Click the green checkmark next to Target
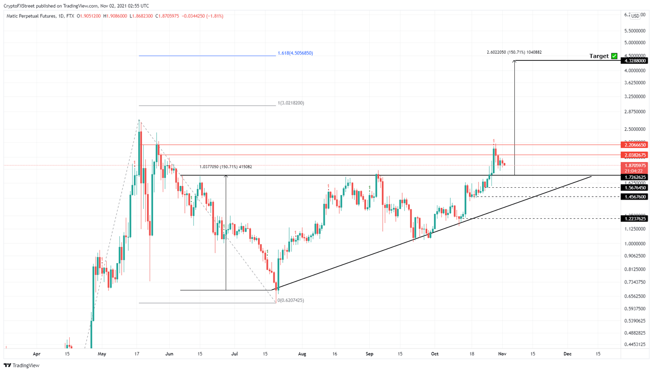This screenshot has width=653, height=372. click(614, 56)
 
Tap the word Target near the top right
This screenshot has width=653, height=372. click(599, 56)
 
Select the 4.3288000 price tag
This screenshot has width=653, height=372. click(635, 61)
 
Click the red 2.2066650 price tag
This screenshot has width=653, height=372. click(635, 145)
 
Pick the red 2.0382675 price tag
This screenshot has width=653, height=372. click(635, 155)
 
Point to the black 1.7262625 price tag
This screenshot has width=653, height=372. click(635, 177)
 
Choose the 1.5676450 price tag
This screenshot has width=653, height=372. click(635, 188)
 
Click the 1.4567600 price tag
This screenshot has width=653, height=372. click(635, 197)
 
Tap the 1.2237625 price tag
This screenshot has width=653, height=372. click(635, 218)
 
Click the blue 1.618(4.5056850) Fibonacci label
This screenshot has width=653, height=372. click(295, 53)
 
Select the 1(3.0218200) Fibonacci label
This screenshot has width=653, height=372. click(291, 103)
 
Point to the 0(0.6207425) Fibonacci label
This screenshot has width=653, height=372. click(291, 300)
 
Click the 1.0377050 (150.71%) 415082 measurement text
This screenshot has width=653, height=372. click(225, 167)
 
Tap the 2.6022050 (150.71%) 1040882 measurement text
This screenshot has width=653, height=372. click(514, 52)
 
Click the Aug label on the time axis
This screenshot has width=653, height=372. click(302, 354)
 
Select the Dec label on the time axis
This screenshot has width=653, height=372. click(567, 354)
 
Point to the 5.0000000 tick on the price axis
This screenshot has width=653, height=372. click(635, 43)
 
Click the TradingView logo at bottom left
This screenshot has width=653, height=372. click(22, 365)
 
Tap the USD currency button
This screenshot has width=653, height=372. click(635, 16)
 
